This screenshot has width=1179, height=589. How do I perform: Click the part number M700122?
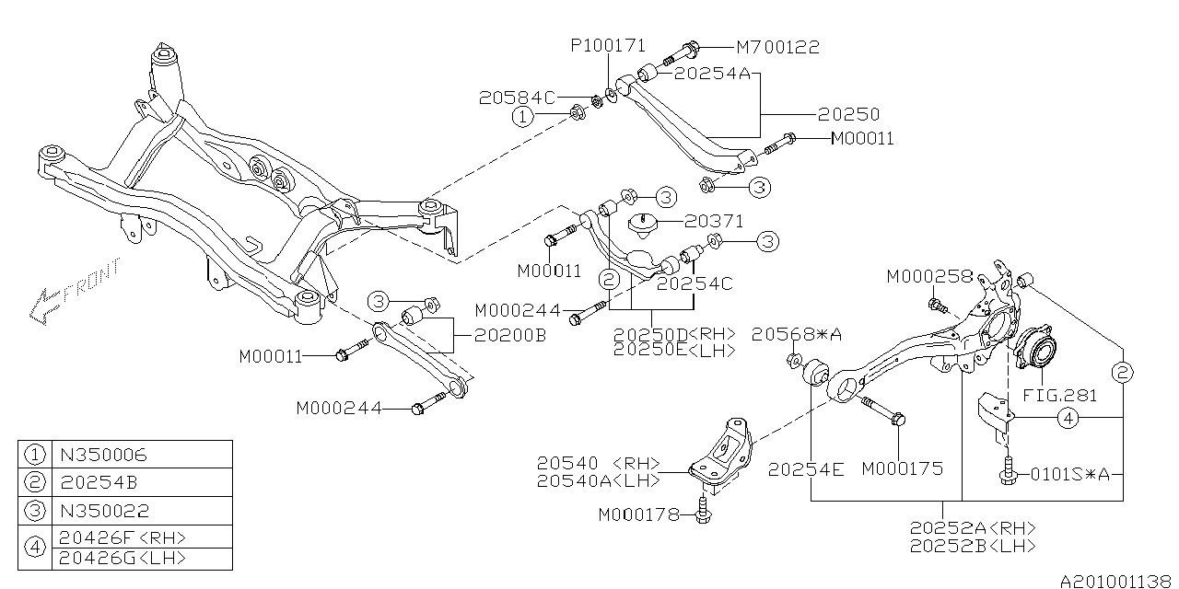[777, 46]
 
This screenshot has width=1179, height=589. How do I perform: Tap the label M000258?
[928, 276]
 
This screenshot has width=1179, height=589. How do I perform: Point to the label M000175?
[903, 468]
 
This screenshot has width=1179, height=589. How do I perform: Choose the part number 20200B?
[509, 337]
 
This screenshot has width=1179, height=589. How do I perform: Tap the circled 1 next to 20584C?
[522, 117]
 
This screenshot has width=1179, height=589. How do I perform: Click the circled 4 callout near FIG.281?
[1067, 419]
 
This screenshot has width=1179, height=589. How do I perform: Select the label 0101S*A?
[1068, 475]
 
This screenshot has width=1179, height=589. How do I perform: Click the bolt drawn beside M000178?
[705, 513]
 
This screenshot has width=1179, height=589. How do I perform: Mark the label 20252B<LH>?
[973, 546]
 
